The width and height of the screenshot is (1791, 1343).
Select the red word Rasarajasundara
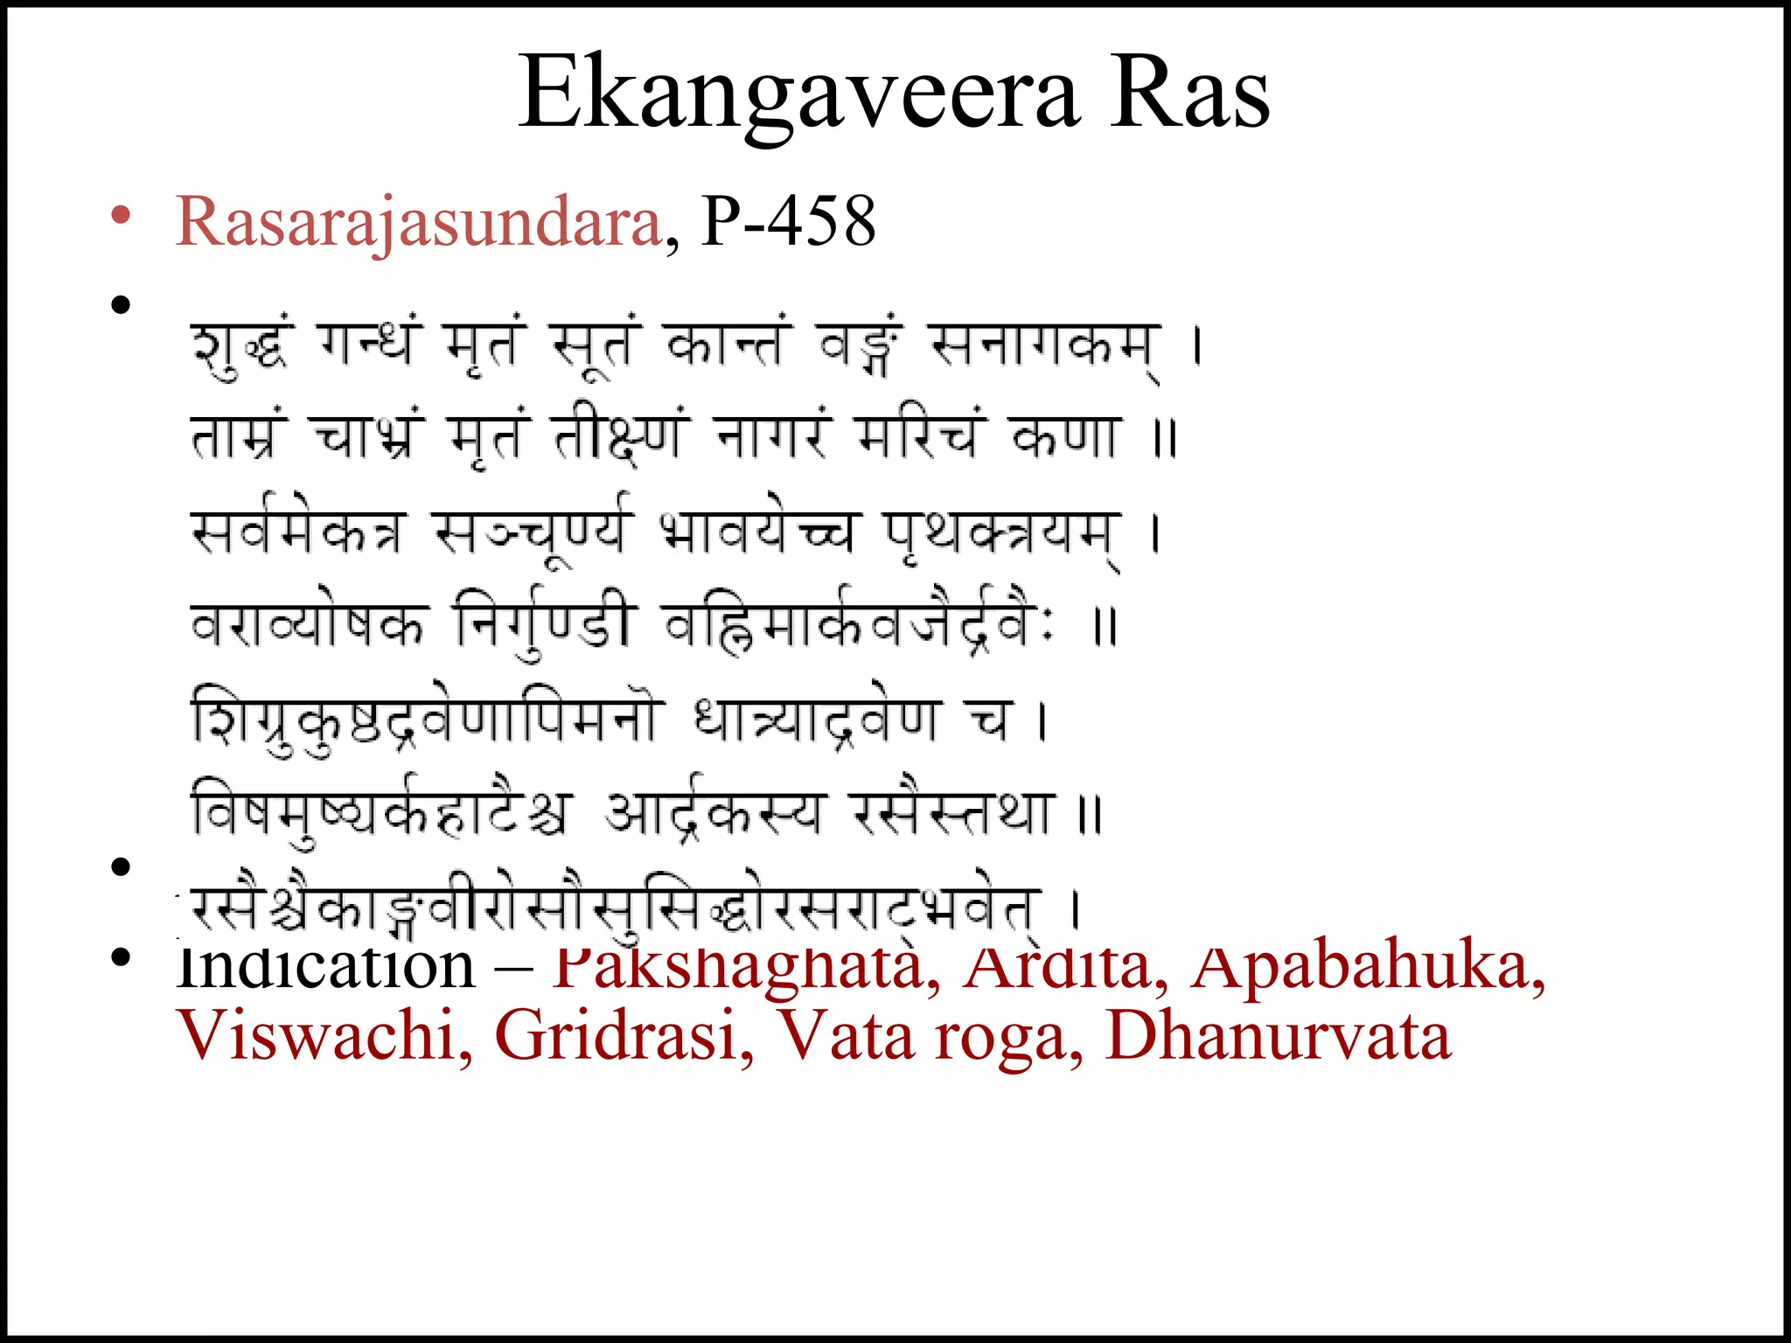[x=419, y=222]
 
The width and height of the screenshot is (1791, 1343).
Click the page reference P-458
[x=788, y=222]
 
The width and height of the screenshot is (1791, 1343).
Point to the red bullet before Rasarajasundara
[x=121, y=215]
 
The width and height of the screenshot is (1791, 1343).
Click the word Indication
[x=324, y=966]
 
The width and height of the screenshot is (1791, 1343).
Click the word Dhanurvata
[x=1278, y=1036]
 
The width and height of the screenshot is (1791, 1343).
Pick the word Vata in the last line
[x=844, y=1036]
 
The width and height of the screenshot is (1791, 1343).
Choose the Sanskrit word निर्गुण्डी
[x=542, y=624]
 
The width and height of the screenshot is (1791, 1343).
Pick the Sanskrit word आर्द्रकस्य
[x=714, y=812]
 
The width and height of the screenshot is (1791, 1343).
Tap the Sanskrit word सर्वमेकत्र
[x=298, y=531]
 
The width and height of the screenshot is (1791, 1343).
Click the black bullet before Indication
[x=121, y=957]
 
